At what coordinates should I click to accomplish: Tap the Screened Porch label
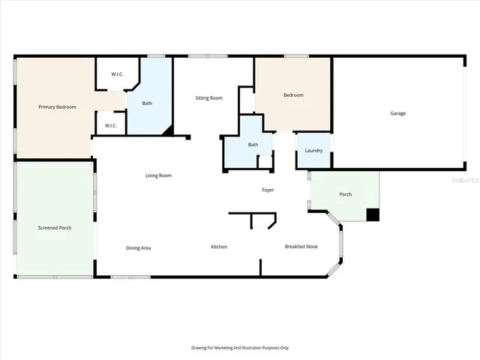[55, 227]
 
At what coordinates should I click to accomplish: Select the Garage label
[397, 113]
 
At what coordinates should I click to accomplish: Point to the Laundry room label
[313, 151]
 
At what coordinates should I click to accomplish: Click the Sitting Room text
[208, 98]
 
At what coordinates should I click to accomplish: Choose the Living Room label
[158, 175]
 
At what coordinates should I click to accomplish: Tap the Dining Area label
[139, 247]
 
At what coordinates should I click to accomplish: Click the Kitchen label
[219, 247]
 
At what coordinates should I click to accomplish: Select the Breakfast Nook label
[301, 246]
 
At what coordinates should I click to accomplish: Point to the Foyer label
[268, 190]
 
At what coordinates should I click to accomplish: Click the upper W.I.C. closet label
[117, 73]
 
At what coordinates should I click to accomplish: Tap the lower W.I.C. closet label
[110, 125]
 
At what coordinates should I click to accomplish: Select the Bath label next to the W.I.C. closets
[147, 103]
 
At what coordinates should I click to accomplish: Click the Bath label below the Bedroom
[253, 145]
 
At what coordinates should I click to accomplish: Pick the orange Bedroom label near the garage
[293, 95]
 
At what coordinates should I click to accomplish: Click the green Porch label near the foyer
[345, 194]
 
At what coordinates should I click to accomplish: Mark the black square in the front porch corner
[373, 214]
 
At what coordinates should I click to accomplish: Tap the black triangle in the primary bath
[169, 130]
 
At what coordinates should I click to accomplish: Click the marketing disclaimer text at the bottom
[240, 347]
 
